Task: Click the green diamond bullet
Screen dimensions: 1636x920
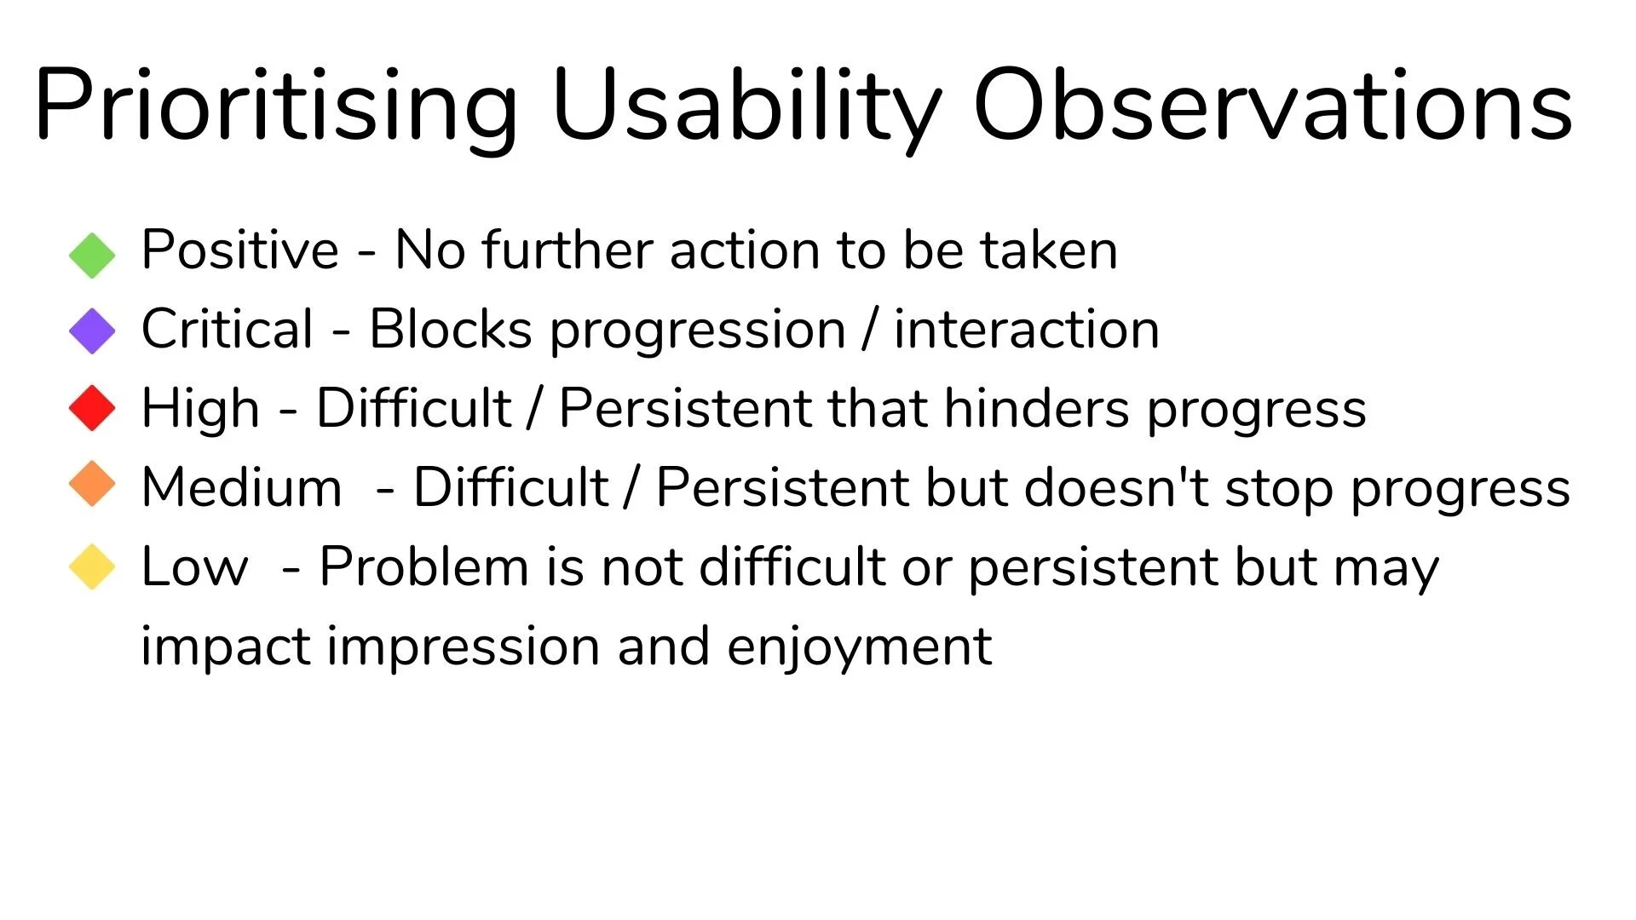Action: pyautogui.click(x=92, y=256)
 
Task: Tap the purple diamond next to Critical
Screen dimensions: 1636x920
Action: pyautogui.click(x=92, y=331)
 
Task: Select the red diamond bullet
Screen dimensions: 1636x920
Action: pyautogui.click(x=92, y=408)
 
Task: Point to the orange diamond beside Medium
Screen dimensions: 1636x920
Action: pyautogui.click(x=92, y=484)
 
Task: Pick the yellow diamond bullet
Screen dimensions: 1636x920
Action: pyautogui.click(x=92, y=566)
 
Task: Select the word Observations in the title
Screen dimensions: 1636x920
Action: pyautogui.click(x=1272, y=106)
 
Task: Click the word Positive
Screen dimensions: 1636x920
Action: pyautogui.click(x=240, y=250)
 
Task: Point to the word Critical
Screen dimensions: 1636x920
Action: pyautogui.click(x=228, y=329)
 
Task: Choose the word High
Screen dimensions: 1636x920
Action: pyautogui.click(x=200, y=410)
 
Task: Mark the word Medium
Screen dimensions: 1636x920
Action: pyautogui.click(x=241, y=487)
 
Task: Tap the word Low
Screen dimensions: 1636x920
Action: pyautogui.click(x=195, y=567)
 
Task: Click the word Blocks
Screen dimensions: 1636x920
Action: pyautogui.click(x=451, y=329)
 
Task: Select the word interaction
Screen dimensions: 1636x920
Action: pyautogui.click(x=1027, y=329)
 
